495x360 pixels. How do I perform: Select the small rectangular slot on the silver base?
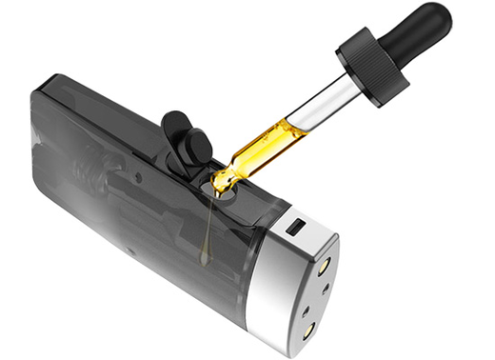click(296, 228)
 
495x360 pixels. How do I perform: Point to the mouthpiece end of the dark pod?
click(48, 162)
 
